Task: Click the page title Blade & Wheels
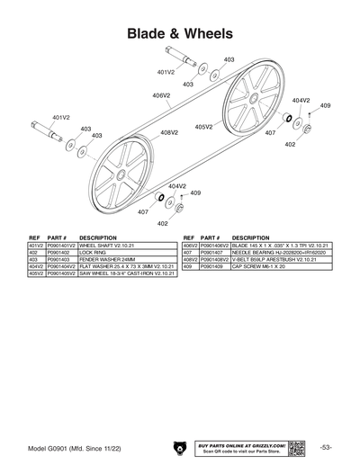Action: click(180, 33)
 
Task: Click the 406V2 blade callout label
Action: click(161, 94)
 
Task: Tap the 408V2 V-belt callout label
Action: click(169, 132)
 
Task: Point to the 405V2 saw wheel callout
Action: click(204, 127)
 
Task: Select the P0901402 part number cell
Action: click(59, 252)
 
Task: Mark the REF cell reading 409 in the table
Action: click(189, 266)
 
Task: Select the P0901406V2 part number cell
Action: click(215, 245)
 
